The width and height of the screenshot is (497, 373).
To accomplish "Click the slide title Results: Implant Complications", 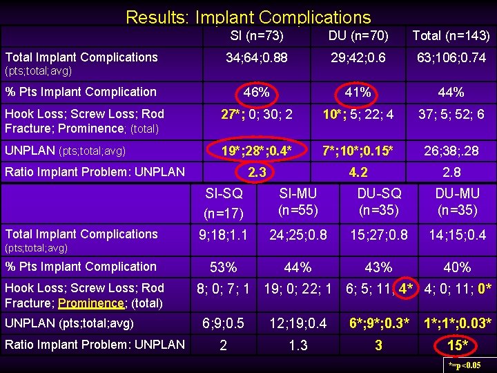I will pos(248,17).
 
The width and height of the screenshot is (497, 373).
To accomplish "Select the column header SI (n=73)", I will pos(257,36).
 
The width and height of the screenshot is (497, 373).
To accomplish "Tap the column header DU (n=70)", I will pos(358,36).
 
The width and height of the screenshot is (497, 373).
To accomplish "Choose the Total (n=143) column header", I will pos(451,36).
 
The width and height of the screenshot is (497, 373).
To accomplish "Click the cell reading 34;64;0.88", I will pos(257,58).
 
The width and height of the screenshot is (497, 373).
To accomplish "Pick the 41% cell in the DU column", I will pos(358,92).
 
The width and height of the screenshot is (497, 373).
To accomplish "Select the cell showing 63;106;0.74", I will pos(451,58).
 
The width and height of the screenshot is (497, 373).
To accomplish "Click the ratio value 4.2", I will pos(358,172).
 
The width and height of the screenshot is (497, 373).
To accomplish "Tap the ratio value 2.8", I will pos(451,172).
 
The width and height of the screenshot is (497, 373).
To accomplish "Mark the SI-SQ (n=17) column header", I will pos(223,204).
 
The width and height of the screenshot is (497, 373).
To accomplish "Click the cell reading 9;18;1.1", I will pos(223,235).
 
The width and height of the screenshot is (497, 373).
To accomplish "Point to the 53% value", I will pos(223,267).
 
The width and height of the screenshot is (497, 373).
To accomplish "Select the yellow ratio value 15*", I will pos(458,345).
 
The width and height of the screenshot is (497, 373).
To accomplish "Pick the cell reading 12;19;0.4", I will pos(298,323).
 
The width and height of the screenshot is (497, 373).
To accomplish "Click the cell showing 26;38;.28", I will pos(451,150).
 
